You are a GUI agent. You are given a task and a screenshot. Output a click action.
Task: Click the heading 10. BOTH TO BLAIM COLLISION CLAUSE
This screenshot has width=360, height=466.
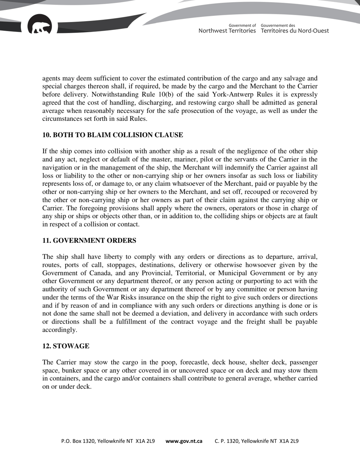[113, 135]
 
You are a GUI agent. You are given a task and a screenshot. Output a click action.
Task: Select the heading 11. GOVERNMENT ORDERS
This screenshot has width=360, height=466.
[89, 241]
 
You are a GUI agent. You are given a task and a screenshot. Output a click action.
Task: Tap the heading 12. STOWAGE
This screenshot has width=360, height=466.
[66, 346]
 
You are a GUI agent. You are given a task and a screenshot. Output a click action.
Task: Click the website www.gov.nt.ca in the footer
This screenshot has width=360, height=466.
[184, 441]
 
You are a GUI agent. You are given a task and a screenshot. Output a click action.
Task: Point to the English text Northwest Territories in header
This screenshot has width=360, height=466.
[227, 31]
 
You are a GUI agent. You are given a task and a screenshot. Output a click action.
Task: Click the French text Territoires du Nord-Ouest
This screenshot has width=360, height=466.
[294, 31]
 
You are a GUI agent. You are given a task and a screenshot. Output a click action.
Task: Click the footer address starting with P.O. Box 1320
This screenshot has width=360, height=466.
[108, 441]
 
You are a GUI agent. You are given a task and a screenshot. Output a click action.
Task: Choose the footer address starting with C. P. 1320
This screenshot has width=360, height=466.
[257, 441]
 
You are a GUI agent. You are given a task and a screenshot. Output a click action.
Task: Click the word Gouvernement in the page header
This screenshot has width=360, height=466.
[278, 25]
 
